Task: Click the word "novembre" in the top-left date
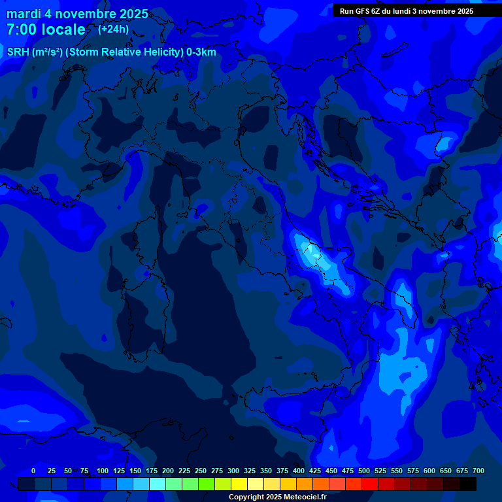(x=86, y=14)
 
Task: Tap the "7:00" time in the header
(x=20, y=29)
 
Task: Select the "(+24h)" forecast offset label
(x=113, y=29)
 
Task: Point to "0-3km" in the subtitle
(x=201, y=52)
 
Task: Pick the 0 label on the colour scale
(x=33, y=471)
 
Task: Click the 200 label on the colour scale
(x=168, y=471)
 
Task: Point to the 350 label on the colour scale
(x=266, y=471)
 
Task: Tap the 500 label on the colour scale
(x=364, y=471)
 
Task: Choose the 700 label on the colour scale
(x=478, y=471)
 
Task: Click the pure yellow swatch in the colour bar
(x=239, y=484)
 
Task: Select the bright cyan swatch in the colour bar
(x=158, y=484)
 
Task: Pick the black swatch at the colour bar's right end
(x=468, y=484)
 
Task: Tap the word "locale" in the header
(x=63, y=29)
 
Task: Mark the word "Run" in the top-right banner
(x=347, y=11)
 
